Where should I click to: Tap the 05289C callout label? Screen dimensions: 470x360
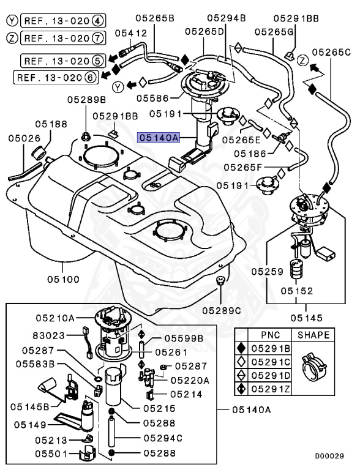coord(222,310)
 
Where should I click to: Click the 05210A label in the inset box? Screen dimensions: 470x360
coord(54,318)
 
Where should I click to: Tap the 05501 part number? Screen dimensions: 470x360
coord(49,454)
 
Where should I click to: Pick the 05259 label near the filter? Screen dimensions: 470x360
coord(266,269)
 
